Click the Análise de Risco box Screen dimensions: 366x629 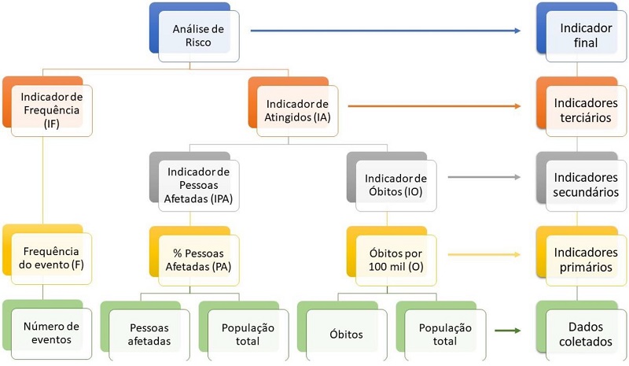[198, 36]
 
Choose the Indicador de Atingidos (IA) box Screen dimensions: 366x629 [296, 111]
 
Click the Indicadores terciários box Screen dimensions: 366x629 [586, 110]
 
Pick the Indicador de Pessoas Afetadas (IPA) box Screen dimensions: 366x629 [198, 186]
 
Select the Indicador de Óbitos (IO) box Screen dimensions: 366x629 [395, 186]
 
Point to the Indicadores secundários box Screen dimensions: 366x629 [586, 186]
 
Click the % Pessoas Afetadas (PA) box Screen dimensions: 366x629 [198, 259]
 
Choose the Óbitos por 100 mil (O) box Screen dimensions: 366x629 [395, 259]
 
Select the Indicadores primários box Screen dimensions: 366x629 [586, 259]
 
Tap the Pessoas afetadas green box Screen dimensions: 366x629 [149, 333]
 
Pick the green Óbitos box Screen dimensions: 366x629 [345, 333]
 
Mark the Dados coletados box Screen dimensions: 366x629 [586, 331]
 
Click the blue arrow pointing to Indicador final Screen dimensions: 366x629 [385, 31]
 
